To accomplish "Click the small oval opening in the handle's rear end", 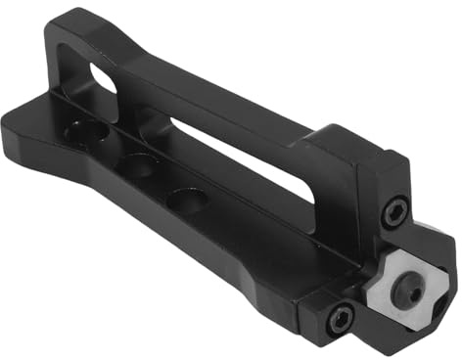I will point(102,78).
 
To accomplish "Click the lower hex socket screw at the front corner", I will point(340,315).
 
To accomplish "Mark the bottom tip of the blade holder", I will point(396,347).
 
